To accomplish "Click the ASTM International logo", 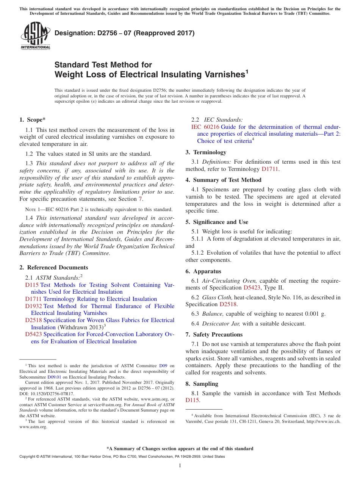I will [35, 36].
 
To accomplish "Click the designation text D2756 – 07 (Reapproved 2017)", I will [124, 33].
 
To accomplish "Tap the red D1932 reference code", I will [33, 306].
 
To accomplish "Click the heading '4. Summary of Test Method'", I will [223, 180].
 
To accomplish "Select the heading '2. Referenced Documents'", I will [54, 268].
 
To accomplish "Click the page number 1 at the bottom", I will [180, 465].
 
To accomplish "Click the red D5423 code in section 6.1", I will [252, 288].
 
